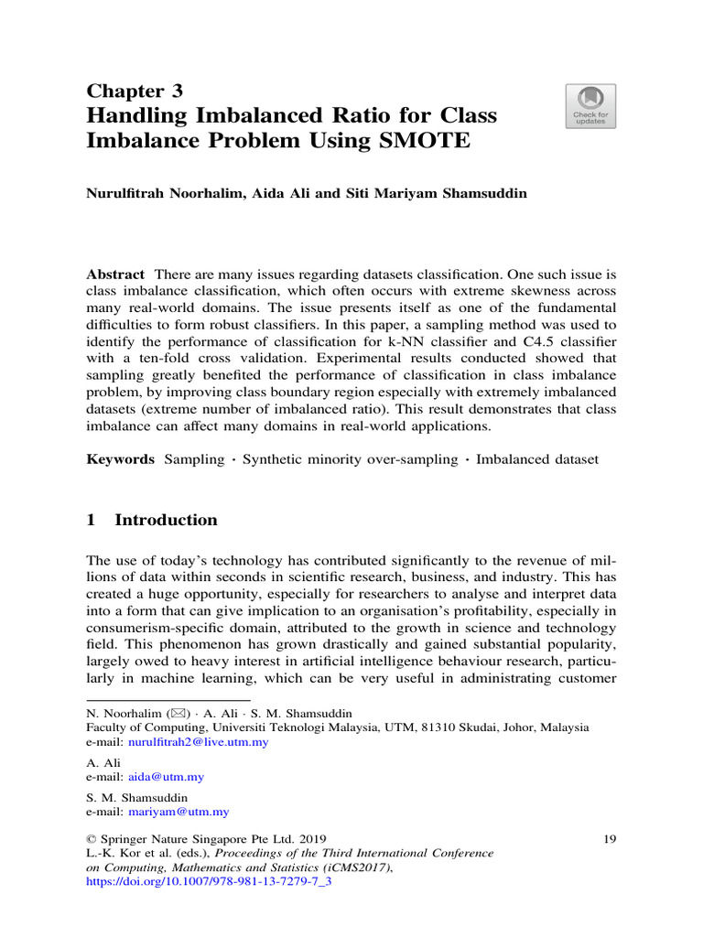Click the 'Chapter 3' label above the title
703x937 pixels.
[134, 91]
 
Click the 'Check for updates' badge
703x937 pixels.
[589, 106]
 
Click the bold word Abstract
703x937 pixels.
[114, 275]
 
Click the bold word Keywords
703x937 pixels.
[120, 459]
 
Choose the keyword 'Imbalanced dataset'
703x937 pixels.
[537, 459]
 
